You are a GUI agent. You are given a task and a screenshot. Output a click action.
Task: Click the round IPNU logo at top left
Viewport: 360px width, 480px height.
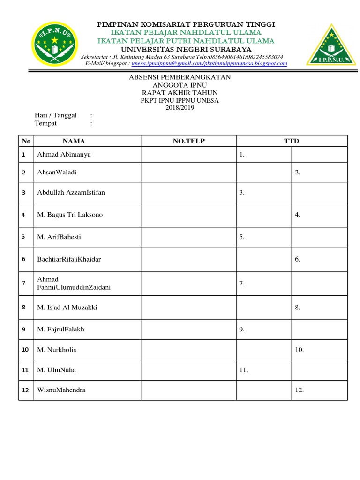point(56,44)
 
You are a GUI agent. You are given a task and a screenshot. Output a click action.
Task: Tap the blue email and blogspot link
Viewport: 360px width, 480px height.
point(209,63)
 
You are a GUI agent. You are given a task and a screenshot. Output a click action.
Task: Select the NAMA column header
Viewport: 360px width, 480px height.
point(74,141)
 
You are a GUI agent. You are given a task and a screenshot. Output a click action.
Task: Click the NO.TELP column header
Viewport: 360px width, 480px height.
point(189,141)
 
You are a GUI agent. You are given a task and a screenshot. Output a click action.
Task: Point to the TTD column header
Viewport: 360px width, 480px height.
point(292,141)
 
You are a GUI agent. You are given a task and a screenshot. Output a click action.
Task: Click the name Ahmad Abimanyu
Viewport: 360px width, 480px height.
point(64,154)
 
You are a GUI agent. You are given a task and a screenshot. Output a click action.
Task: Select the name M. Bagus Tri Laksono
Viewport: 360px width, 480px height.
point(70,215)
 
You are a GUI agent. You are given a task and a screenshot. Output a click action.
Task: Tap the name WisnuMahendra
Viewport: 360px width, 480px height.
point(61,390)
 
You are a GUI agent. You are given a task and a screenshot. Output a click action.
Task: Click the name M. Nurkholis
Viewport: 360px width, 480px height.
point(57,350)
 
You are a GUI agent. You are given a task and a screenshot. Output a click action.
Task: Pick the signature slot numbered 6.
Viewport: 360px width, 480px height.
point(298,259)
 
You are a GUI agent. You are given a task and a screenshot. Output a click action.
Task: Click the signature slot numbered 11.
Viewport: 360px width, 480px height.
point(243,370)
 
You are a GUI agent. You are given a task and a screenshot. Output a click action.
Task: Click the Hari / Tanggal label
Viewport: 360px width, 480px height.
point(56,115)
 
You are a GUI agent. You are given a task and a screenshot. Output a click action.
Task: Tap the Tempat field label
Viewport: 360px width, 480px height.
point(46,123)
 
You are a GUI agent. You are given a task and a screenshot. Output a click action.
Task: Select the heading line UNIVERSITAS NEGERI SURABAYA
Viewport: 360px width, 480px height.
point(186,49)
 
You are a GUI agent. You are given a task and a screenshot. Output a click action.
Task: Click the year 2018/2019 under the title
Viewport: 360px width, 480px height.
point(180,108)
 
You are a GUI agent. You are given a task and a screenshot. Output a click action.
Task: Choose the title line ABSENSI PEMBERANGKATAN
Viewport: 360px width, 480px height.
point(180,77)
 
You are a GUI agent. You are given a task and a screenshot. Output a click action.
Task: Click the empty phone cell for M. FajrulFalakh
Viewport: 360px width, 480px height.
point(189,330)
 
